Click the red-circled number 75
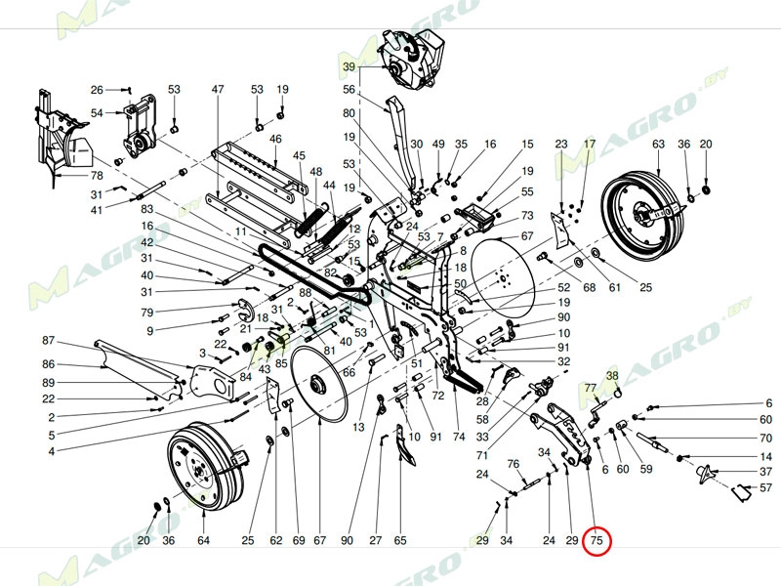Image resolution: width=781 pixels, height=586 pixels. coord(596,540)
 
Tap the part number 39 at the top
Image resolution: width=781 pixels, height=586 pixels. coord(349,66)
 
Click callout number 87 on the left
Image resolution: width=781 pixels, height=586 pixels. coord(49,341)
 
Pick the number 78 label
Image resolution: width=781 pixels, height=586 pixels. coord(97,176)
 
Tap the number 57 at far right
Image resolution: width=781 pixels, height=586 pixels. coord(766,487)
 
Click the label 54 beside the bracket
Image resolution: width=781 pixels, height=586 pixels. coord(97,113)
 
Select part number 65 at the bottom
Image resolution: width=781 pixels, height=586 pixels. coord(399,540)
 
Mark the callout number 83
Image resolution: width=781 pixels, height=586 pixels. coord(147,209)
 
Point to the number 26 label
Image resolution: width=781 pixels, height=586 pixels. coord(97,90)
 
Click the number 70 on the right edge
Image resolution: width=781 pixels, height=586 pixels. coord(766,439)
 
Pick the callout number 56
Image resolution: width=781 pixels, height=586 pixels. coord(349,90)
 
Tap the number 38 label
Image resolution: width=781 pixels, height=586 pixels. coord(613,376)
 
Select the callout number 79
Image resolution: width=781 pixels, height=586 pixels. coord(147,313)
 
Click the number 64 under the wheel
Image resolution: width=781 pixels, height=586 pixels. coord(203,540)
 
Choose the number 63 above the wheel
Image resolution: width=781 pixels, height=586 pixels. coord(658,145)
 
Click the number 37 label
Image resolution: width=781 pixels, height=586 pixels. coord(766,472)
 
